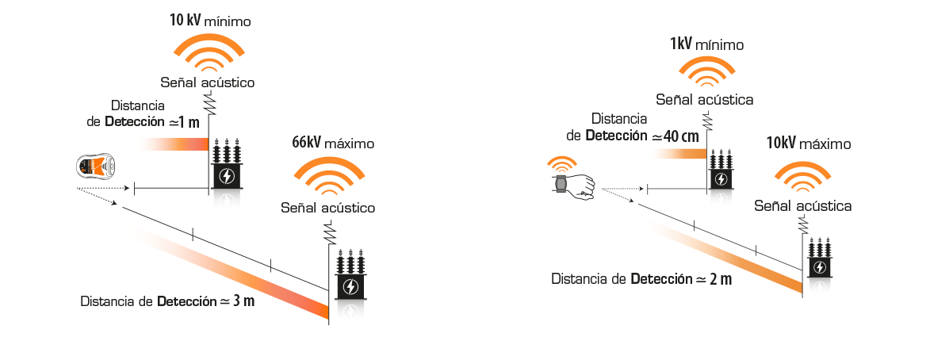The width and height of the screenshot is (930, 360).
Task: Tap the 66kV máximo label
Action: [x=332, y=144]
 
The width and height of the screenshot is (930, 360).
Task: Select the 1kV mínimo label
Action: [x=706, y=45]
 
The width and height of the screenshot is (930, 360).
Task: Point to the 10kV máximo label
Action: [x=808, y=144]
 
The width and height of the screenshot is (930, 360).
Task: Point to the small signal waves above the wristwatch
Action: [x=563, y=167]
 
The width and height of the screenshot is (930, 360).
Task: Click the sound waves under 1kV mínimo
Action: [x=704, y=72]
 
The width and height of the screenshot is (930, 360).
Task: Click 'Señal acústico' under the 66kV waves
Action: [x=327, y=208]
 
